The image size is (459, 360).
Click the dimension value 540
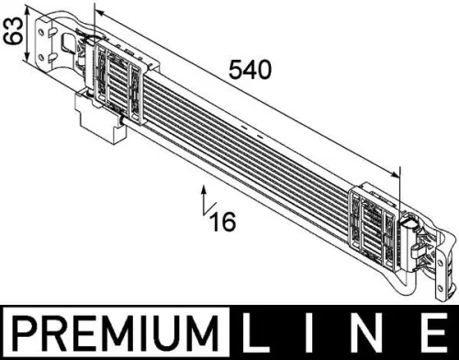point(250,71)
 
